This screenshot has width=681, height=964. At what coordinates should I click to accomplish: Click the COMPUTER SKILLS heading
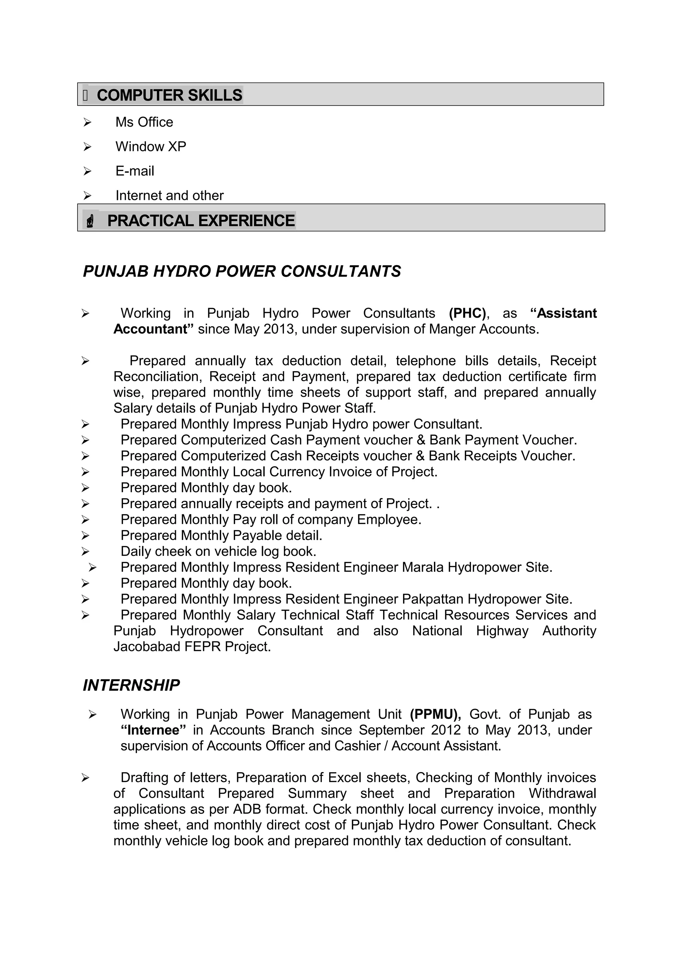169,95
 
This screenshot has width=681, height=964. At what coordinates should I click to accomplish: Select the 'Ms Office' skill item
144,122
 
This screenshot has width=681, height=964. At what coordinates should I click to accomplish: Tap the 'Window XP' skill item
151,147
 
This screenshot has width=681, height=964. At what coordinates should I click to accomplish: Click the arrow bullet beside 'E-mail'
87,171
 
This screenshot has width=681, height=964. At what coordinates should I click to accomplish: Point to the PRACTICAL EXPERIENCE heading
201,221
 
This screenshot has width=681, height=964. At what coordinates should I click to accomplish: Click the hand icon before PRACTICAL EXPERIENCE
90,221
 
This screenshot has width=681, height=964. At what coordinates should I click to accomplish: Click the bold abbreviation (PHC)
467,313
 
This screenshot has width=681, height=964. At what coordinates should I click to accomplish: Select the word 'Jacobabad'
147,647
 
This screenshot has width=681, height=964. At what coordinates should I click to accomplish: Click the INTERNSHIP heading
131,685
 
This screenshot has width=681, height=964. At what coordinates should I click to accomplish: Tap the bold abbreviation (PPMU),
436,714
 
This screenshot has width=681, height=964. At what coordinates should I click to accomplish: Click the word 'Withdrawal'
562,794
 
